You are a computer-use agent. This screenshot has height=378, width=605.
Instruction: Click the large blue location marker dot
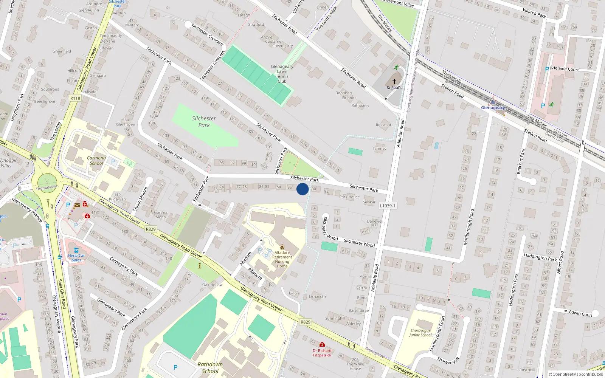click(x=302, y=189)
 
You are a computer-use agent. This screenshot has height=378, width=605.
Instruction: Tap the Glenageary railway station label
click(x=493, y=108)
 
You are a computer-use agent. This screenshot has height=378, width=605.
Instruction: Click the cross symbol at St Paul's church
click(x=394, y=82)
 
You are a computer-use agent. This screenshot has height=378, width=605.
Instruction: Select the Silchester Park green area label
click(x=204, y=122)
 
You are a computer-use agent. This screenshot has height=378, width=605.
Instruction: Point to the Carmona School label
click(x=96, y=161)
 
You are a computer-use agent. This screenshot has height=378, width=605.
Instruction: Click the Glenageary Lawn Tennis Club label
click(x=282, y=74)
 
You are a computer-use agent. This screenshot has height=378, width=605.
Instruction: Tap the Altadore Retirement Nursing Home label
click(x=282, y=259)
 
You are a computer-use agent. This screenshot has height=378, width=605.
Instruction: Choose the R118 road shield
click(x=75, y=98)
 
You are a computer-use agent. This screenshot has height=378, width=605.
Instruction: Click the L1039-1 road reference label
click(x=388, y=206)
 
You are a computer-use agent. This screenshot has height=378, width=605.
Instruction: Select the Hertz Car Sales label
click(x=76, y=258)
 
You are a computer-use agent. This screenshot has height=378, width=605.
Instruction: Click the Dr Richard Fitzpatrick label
click(x=322, y=353)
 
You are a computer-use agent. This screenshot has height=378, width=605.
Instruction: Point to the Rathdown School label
click(x=210, y=368)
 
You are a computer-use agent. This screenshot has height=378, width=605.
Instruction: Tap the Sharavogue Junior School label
click(x=420, y=333)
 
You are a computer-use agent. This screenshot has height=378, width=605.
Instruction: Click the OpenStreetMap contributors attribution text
click(x=577, y=374)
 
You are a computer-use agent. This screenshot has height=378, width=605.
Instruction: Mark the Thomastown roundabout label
click(x=47, y=187)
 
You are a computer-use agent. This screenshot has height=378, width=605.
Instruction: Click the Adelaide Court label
click(x=565, y=69)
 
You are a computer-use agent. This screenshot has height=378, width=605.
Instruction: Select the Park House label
click(x=349, y=197)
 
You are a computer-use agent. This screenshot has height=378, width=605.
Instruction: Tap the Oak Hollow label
click(x=213, y=285)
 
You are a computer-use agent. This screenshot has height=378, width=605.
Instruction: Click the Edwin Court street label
click(x=581, y=314)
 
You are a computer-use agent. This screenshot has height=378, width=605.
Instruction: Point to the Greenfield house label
click(x=62, y=51)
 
